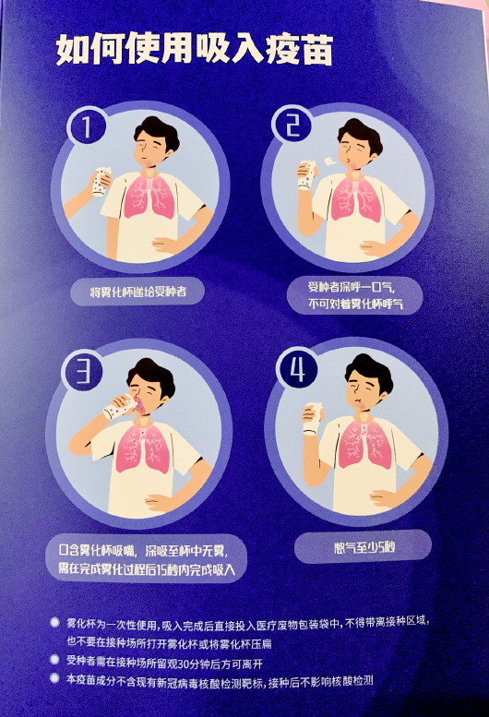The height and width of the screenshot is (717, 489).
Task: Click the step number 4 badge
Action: (x=297, y=370)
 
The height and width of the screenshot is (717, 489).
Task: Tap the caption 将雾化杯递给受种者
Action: (x=137, y=292)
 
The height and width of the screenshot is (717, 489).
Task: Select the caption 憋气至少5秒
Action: (x=364, y=546)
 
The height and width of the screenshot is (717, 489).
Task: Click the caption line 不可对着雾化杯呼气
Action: (x=356, y=304)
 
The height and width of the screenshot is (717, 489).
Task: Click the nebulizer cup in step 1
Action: (x=101, y=181)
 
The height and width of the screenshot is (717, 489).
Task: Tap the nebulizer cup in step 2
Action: (x=306, y=174)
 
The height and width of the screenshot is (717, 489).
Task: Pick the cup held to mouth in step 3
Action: (x=119, y=407)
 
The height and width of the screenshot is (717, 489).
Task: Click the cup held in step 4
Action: (x=313, y=419)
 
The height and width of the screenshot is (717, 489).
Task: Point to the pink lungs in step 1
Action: (x=149, y=197)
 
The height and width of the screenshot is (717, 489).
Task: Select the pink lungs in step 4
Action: (x=365, y=444)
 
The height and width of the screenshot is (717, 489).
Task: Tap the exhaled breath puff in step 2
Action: (x=329, y=161)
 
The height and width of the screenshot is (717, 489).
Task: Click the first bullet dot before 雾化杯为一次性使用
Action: (x=54, y=622)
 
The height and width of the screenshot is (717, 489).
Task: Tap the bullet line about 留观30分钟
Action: (x=164, y=663)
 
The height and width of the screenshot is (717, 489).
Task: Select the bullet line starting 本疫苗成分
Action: (x=221, y=680)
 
